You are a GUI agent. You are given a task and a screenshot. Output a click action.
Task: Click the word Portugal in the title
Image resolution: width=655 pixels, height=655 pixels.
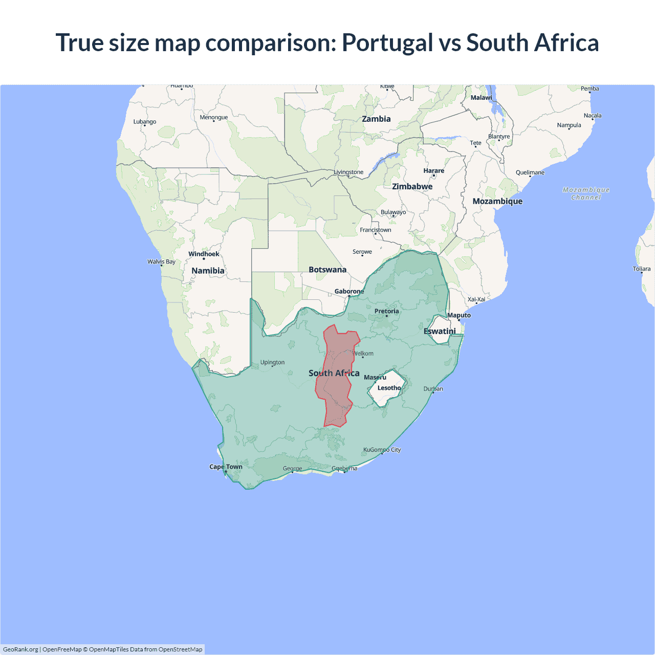tap(387, 43)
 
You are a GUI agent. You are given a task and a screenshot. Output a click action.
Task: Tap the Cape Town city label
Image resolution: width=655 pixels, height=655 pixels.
tap(226, 467)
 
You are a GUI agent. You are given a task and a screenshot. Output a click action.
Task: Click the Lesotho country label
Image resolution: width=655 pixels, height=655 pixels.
tap(389, 388)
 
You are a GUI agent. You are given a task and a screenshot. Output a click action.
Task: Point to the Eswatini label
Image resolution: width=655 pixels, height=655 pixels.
tap(440, 332)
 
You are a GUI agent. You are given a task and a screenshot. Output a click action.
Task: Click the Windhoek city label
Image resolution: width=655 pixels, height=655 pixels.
tap(204, 254)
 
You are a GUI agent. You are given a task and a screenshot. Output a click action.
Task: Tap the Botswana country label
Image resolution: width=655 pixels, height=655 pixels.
tap(327, 270)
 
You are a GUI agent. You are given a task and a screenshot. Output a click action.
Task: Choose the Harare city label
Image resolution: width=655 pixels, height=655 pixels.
tap(433, 171)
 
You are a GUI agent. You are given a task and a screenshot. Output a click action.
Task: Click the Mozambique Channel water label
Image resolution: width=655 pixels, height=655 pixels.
tap(586, 193)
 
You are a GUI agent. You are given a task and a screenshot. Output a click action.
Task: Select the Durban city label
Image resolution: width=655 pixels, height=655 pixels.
tap(433, 389)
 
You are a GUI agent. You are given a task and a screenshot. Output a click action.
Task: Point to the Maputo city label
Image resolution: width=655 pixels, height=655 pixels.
tap(459, 315)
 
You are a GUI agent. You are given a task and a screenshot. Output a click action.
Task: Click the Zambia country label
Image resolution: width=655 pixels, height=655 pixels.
tap(376, 119)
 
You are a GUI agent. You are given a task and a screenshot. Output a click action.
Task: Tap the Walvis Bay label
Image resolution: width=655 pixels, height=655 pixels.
tap(161, 261)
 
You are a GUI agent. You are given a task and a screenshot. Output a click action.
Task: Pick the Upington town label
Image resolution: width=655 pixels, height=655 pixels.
tap(272, 362)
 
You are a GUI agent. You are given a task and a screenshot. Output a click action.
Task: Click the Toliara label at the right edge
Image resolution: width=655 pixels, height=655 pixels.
tap(641, 269)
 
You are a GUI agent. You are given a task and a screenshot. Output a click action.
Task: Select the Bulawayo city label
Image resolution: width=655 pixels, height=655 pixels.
tap(393, 212)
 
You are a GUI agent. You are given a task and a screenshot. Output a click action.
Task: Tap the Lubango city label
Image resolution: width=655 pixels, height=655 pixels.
tap(145, 122)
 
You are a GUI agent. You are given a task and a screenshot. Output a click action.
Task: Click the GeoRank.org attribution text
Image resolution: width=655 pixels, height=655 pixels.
tap(20, 649)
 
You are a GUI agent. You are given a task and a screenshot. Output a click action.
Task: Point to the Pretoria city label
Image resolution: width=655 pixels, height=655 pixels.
tap(386, 311)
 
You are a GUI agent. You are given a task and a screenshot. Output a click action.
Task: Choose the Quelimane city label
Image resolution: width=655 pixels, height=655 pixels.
tap(530, 172)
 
